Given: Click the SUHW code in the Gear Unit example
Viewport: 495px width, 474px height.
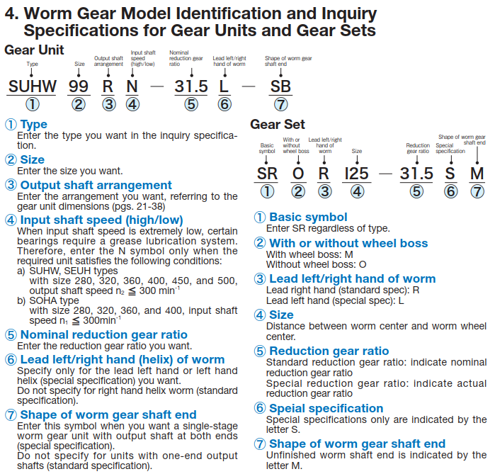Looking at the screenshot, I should point(32,87).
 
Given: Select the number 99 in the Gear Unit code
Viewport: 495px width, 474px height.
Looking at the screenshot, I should point(79,87).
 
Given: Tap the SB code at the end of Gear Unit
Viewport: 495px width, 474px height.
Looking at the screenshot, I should point(281,87).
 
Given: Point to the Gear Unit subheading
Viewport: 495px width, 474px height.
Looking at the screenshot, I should point(34,50).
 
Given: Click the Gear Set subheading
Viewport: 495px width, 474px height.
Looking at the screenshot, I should point(278,125).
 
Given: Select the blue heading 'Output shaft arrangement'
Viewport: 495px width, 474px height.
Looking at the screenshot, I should point(96,185).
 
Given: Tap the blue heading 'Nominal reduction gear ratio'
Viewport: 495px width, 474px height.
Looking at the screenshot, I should point(103,334).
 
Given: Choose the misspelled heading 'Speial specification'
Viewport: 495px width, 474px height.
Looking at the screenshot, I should point(326,408).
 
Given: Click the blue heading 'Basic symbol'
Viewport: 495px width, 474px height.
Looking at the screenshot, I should point(308,217).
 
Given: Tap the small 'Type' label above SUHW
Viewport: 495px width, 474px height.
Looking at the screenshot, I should point(32,64).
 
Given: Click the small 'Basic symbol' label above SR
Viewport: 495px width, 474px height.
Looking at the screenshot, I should point(267,148).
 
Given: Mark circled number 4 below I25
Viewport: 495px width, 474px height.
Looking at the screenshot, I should point(358,192).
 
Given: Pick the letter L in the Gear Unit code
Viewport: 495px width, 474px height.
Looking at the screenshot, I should point(224,87).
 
